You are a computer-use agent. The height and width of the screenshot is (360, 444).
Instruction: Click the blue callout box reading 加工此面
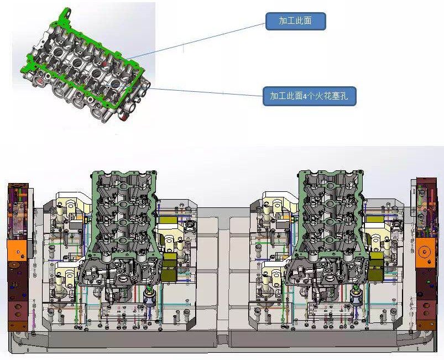pyautogui.click(x=296, y=21)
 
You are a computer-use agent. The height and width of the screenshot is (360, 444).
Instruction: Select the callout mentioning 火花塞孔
pyautogui.click(x=309, y=96)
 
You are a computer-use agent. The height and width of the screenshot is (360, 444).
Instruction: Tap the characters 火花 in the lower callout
pyautogui.click(x=316, y=96)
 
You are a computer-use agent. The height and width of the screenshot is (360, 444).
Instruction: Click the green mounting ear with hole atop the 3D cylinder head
pyautogui.click(x=66, y=15)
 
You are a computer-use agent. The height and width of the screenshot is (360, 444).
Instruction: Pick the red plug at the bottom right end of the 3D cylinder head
pyautogui.click(x=124, y=117)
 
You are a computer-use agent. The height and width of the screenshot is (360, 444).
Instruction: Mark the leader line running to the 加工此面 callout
pyautogui.click(x=195, y=41)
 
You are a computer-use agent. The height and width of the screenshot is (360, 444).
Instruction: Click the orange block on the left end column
pyautogui.click(x=17, y=251)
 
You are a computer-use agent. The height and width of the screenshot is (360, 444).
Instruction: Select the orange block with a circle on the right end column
pyautogui.click(x=425, y=252)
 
